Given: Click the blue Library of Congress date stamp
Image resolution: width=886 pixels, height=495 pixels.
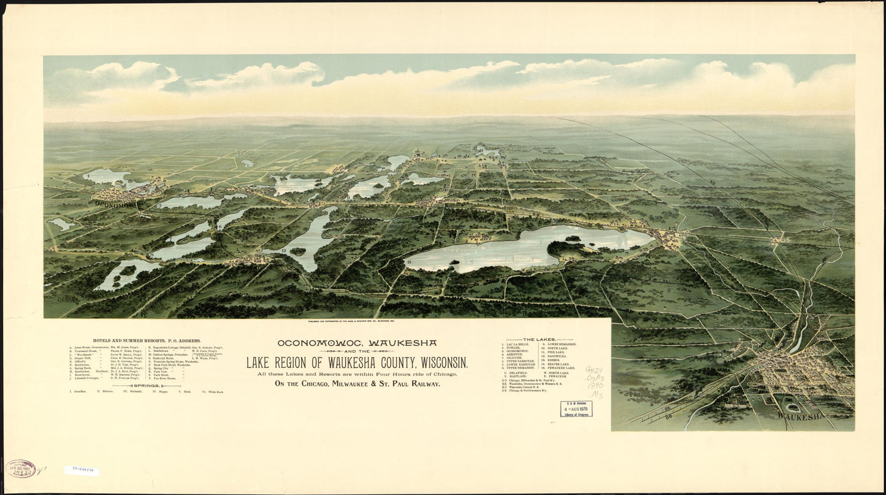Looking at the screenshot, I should pyautogui.click(x=576, y=409).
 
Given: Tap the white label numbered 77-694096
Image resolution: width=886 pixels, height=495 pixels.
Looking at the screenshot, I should pyautogui.click(x=82, y=471).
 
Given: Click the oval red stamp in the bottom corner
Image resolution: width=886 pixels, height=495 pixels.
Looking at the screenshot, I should pyautogui.click(x=21, y=469).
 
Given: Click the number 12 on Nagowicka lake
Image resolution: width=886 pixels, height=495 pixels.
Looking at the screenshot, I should pyautogui.click(x=284, y=251).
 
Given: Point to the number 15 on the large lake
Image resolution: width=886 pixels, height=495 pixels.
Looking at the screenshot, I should pyautogui.click(x=408, y=263).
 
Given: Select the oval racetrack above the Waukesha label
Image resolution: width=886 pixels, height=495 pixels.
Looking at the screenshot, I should pyautogui.click(x=793, y=407).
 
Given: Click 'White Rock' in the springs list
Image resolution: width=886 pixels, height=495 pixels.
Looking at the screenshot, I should pyautogui.click(x=216, y=391).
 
